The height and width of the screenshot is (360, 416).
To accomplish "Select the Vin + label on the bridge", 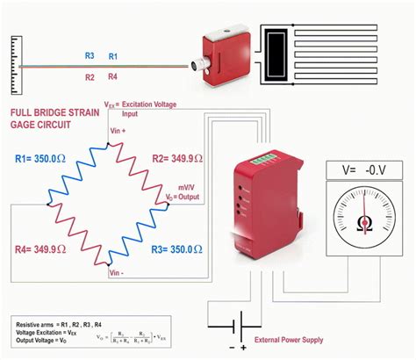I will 118,130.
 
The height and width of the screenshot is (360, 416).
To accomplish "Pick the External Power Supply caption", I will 287,340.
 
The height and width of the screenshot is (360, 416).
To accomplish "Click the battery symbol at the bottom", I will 233,328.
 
